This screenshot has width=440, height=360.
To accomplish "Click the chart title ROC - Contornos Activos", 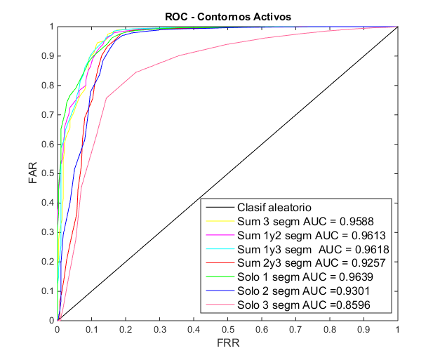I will [228, 17].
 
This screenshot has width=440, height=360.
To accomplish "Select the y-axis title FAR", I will [33, 173].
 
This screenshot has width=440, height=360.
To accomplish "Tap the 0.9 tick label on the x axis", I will [364, 330].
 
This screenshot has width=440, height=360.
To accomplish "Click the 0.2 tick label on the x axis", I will [126, 330].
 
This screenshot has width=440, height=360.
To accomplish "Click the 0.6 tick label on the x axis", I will [262, 330].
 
